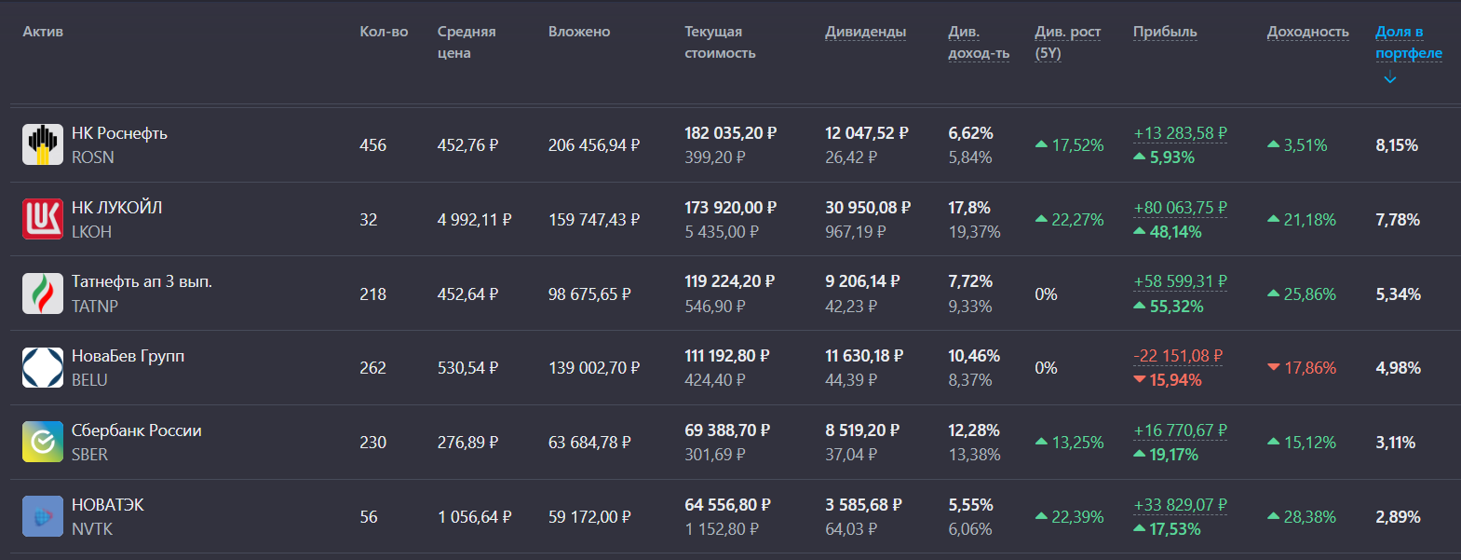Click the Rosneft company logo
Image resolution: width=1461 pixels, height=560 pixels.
tap(42, 144)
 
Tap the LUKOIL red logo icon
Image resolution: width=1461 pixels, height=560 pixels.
tap(42, 219)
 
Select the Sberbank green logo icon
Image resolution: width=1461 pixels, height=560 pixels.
tap(42, 442)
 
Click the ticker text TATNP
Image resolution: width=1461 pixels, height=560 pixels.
tap(95, 307)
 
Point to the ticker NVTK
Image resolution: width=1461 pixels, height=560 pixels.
tap(92, 529)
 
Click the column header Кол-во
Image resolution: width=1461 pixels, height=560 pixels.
tap(384, 32)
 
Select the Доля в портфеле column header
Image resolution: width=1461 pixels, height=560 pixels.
tap(1408, 42)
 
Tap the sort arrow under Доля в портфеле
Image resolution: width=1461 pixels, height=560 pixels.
tap(1390, 78)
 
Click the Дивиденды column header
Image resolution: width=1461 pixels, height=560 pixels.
tap(865, 32)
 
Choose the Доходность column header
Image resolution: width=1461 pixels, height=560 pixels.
tap(1307, 32)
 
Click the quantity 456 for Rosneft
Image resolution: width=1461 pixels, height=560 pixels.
tap(372, 145)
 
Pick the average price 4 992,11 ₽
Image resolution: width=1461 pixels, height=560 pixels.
tap(474, 220)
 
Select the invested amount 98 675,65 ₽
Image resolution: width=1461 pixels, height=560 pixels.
tap(588, 294)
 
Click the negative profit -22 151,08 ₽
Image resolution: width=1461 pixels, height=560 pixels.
tap(1178, 356)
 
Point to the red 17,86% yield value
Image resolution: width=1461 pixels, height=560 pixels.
tap(1309, 368)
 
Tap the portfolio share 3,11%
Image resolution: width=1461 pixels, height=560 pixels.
tap(1395, 443)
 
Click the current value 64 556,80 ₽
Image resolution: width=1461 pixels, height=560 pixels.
tap(726, 505)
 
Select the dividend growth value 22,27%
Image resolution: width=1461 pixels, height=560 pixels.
tap(1076, 220)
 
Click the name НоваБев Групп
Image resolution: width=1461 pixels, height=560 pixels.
tap(128, 356)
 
